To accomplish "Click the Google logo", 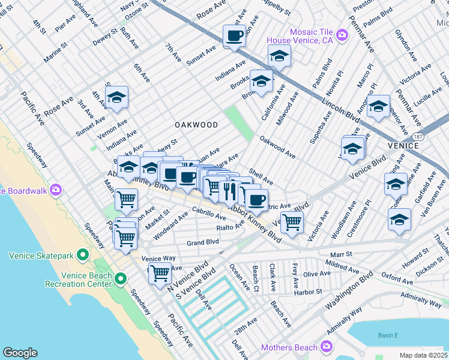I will pos(20,353).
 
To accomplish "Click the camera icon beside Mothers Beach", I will pos(326,346).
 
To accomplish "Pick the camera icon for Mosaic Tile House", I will pos(342,35).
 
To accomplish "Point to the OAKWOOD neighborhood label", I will pos(196,125).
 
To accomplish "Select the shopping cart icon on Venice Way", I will pos(160,273).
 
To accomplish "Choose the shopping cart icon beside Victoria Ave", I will pos(292,221).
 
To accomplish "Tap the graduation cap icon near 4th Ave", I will pos(116,97).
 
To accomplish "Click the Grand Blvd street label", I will pos(202,243).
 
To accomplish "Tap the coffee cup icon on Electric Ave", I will pos(256,200).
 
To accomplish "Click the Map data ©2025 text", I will pos(423,355).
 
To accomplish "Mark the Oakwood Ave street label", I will pos(277,147).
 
